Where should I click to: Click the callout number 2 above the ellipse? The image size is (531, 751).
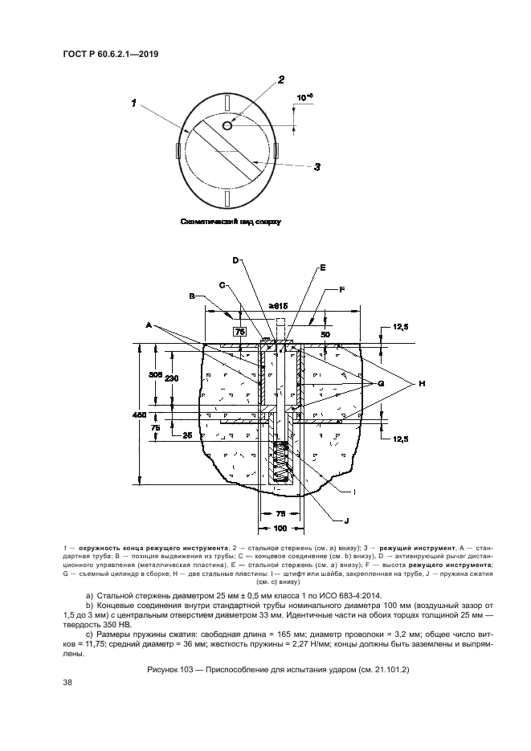(280, 80)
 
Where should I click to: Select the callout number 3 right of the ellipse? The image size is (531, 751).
(317, 167)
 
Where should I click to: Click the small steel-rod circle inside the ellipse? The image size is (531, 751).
(227, 125)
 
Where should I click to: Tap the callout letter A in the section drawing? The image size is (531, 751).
(149, 325)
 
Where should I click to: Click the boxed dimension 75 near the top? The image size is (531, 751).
(239, 330)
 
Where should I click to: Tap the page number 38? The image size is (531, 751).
(68, 683)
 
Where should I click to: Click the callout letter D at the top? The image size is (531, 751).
(236, 260)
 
